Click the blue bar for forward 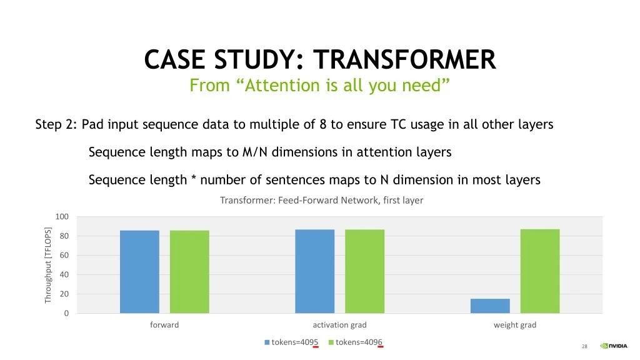(x=139, y=272)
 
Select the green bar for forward (x=189, y=272)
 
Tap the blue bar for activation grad (x=315, y=271)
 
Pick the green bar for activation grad (x=364, y=271)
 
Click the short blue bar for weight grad (x=490, y=306)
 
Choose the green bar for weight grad (x=539, y=271)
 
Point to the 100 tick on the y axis (x=62, y=216)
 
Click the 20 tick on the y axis (x=64, y=294)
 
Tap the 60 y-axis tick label (x=64, y=255)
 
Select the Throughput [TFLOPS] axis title (x=47, y=265)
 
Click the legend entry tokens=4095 (x=291, y=342)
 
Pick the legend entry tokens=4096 (x=356, y=342)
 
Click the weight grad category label (x=515, y=325)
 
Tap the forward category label (x=164, y=325)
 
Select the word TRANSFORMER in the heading (x=404, y=59)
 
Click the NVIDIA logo (x=614, y=346)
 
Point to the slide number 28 (x=584, y=346)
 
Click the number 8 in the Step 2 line (x=323, y=124)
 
